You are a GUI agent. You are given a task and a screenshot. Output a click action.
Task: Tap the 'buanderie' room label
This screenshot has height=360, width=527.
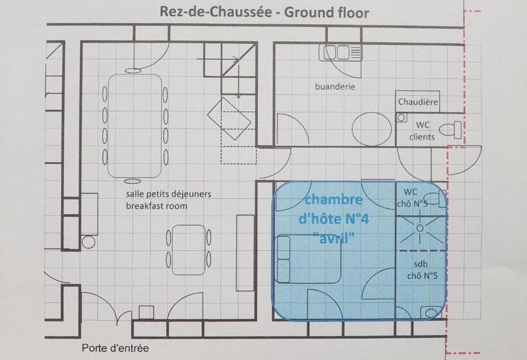click(335, 86)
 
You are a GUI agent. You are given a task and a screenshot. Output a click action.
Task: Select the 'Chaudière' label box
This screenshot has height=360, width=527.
click(417, 102)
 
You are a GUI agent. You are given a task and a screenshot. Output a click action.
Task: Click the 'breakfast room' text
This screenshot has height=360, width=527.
click(156, 206)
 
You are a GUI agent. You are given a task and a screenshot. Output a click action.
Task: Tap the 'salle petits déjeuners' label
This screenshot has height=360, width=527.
click(168, 194)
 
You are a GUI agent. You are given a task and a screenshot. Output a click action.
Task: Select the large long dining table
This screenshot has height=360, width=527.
click(134, 125)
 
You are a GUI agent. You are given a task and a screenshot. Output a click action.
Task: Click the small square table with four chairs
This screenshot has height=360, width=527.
click(189, 250)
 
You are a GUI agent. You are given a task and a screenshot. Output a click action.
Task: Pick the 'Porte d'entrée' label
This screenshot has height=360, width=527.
click(115, 348)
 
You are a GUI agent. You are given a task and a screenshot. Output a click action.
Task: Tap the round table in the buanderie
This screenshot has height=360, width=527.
click(371, 128)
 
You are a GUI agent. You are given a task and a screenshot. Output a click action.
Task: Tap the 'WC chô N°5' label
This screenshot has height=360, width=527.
click(415, 198)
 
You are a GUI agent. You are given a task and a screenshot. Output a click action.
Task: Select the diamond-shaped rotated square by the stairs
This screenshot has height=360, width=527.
click(229, 116)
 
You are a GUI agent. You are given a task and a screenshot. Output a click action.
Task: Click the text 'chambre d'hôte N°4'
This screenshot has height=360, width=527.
click(333, 210)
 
